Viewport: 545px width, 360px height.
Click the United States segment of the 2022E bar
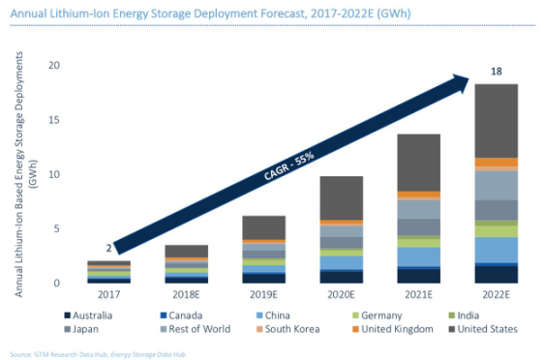click(497, 121)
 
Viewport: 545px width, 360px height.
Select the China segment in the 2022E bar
click(497, 251)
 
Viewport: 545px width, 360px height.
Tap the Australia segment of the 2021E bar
click(419, 276)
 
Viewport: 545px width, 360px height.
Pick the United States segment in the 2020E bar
click(342, 198)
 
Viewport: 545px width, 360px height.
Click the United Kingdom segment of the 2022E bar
click(497, 163)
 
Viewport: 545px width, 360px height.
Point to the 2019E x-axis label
click(264, 294)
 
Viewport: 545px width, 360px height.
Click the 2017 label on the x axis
click(108, 294)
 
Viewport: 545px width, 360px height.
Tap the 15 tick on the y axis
click(54, 120)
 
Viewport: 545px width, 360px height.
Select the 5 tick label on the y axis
click(57, 228)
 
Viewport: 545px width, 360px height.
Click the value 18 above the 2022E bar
click(497, 72)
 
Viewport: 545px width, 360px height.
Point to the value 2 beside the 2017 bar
click(108, 248)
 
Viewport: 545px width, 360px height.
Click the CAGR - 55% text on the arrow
click(288, 165)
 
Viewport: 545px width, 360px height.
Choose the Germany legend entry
click(378, 315)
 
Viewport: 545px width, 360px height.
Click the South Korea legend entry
click(288, 329)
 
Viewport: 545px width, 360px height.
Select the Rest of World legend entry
click(196, 329)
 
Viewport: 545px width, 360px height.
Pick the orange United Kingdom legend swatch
click(355, 329)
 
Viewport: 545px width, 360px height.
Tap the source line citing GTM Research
click(98, 354)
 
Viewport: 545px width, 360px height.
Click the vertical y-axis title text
click(23, 174)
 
